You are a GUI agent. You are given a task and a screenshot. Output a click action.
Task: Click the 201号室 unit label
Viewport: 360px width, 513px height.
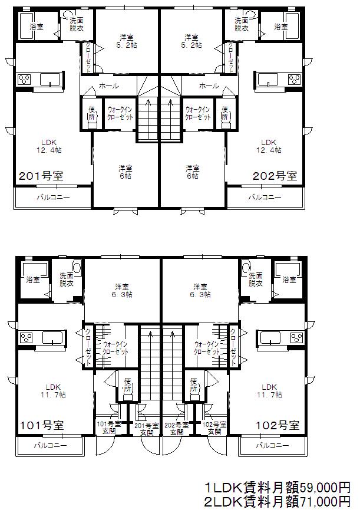click(x=41, y=176)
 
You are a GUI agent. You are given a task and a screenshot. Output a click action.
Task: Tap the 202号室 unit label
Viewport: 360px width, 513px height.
click(x=275, y=176)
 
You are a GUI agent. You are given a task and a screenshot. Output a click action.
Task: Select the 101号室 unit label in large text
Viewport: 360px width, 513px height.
click(x=42, y=425)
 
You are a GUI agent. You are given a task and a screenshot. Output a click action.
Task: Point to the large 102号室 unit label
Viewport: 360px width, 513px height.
click(x=278, y=425)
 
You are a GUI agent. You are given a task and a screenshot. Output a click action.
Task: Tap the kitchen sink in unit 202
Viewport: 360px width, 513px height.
click(x=268, y=79)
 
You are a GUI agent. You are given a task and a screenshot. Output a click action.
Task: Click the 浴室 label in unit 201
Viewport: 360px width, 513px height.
click(x=37, y=27)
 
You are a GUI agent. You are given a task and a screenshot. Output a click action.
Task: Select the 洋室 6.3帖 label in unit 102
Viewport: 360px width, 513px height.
click(x=200, y=291)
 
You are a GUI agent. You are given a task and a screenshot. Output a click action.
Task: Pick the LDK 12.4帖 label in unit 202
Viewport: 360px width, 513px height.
click(x=269, y=146)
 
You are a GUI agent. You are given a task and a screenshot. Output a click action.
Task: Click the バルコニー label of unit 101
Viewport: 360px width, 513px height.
click(x=51, y=446)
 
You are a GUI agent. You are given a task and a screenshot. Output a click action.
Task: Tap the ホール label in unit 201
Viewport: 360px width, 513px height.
click(x=109, y=86)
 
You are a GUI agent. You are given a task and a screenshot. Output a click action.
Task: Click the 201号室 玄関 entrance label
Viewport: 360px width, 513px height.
click(x=147, y=429)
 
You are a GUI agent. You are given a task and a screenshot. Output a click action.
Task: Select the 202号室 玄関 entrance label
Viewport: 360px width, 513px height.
click(x=177, y=429)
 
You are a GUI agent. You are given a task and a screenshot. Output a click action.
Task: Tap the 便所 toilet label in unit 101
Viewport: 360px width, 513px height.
click(x=127, y=384)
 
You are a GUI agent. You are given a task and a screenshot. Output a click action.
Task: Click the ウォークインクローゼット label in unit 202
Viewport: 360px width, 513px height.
click(x=198, y=113)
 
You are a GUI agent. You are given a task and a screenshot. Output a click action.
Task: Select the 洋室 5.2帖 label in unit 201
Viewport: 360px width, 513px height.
click(x=127, y=41)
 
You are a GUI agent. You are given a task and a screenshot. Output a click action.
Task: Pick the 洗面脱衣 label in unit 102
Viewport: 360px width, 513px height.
click(x=256, y=279)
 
